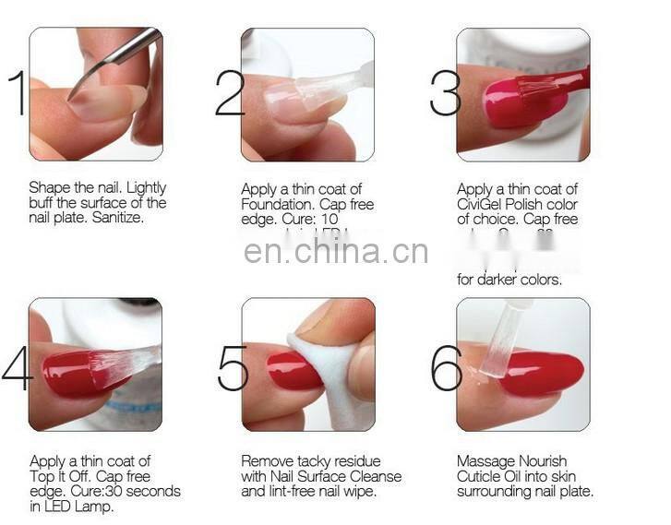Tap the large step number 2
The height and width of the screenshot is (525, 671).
229,94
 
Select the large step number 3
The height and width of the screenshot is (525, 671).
444,94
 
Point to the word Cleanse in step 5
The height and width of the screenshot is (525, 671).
377,476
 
